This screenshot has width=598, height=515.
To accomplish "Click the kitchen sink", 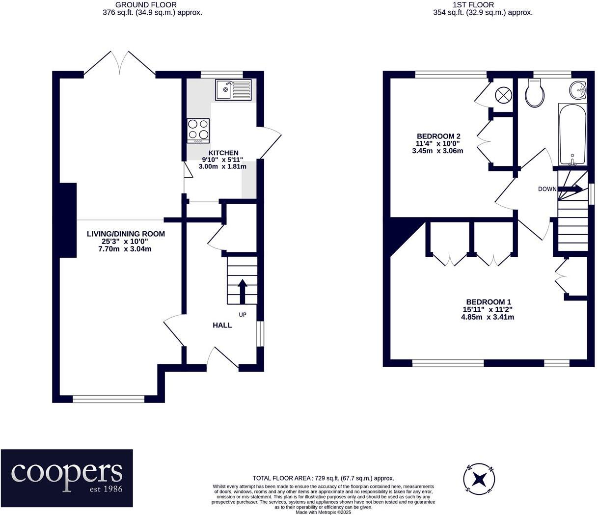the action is tap(233, 90).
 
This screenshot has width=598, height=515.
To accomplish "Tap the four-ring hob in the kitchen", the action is tap(198, 131).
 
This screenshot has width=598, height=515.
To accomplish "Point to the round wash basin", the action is tap(578, 90).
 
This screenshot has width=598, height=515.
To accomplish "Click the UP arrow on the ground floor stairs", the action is tap(242, 291).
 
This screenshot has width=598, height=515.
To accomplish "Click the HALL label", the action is tap(222, 325).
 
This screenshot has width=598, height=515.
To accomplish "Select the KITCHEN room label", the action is tap(223, 153).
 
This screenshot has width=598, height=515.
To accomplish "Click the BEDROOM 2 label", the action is tap(438, 136).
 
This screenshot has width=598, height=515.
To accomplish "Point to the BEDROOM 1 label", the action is tap(488, 302).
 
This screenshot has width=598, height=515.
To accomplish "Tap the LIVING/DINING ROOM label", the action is tap(126, 234).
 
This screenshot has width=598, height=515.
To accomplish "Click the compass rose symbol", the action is tap(479, 480).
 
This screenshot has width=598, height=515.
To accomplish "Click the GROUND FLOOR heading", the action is tap(146, 4).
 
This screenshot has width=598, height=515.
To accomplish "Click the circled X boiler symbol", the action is tap(503, 95).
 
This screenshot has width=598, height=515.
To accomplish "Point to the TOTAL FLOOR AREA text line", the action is tap(323, 478).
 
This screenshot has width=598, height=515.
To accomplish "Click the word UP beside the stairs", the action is tap(243, 315).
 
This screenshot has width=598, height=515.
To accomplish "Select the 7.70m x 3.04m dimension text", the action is tap(125, 249).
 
